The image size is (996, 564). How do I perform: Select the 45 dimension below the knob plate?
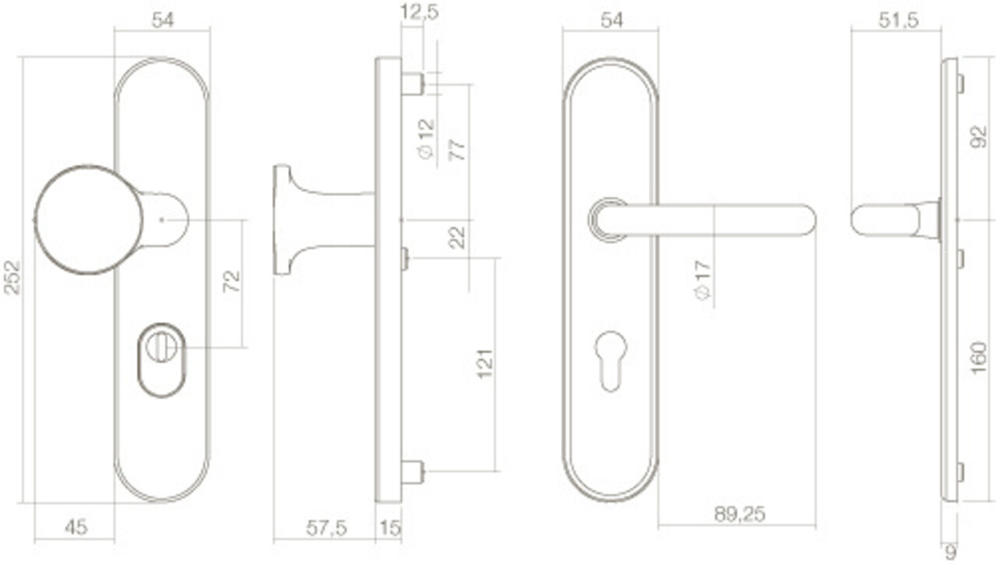pos(76,527)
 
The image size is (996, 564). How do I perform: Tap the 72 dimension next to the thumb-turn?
pos(232,282)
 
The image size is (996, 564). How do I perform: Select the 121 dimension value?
pos(484,365)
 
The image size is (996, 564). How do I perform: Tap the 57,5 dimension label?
pos(326,528)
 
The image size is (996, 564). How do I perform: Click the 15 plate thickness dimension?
pos(389,528)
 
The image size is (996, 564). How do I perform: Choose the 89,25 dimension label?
pos(739,514)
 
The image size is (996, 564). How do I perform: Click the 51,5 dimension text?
pos(898,21)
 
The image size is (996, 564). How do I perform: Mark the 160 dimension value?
pos(979,358)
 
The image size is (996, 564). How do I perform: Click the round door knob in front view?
pos(89,220)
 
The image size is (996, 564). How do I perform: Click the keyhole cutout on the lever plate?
pos(611,360)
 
